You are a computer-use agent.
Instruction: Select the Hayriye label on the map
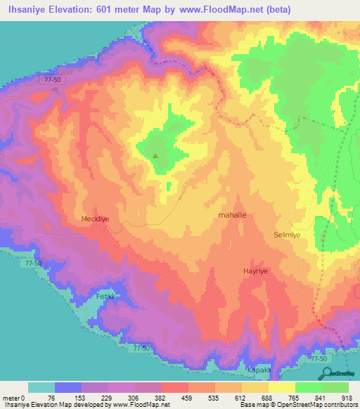[256, 270]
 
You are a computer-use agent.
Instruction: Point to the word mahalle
[233, 215]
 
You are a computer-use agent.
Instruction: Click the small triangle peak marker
[157, 156]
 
